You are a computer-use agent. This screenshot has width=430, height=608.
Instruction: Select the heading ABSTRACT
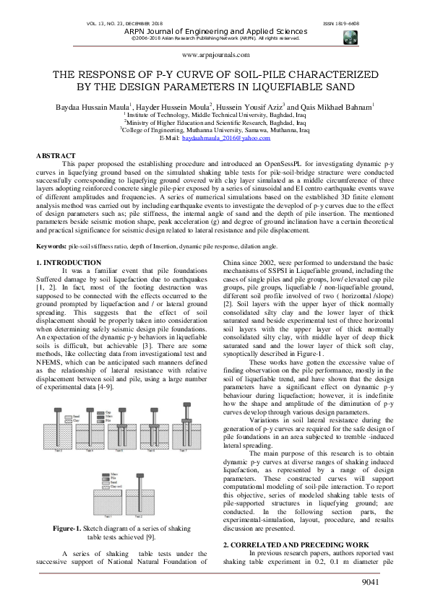[x=56, y=156]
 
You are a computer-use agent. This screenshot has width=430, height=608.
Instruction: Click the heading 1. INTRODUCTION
[x=69, y=261]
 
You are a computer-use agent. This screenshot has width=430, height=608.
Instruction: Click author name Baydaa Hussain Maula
[x=97, y=107]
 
